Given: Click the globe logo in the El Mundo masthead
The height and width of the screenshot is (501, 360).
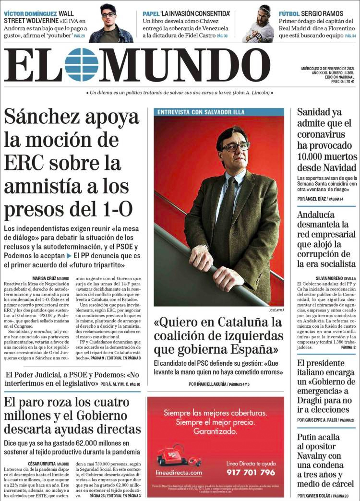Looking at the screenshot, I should click(x=82, y=65).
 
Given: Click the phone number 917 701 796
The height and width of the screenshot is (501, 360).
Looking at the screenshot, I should click(x=251, y=472).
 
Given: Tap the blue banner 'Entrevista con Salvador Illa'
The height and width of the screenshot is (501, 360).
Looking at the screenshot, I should click(x=201, y=112).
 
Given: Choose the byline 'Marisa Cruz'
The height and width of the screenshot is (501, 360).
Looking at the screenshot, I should click(x=44, y=278).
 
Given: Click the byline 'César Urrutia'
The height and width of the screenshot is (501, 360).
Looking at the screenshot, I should click(x=42, y=464).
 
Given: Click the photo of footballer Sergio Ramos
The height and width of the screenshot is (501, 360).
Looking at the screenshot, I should click(x=258, y=23).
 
